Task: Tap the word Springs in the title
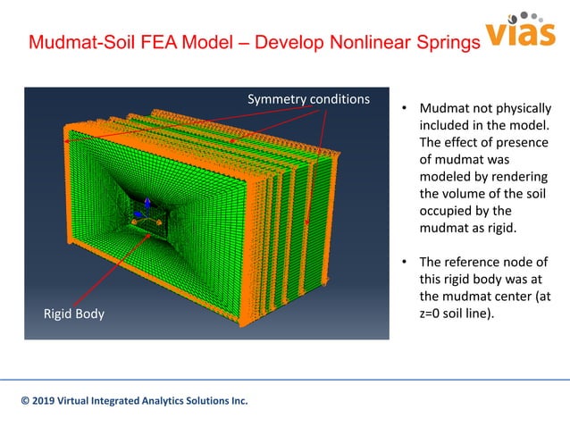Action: (432, 43)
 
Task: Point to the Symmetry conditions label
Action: (308, 96)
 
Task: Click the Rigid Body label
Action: (74, 314)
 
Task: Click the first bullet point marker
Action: (404, 111)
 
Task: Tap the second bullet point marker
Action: (404, 262)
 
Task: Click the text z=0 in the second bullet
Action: (435, 315)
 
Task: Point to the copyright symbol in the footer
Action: (26, 401)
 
